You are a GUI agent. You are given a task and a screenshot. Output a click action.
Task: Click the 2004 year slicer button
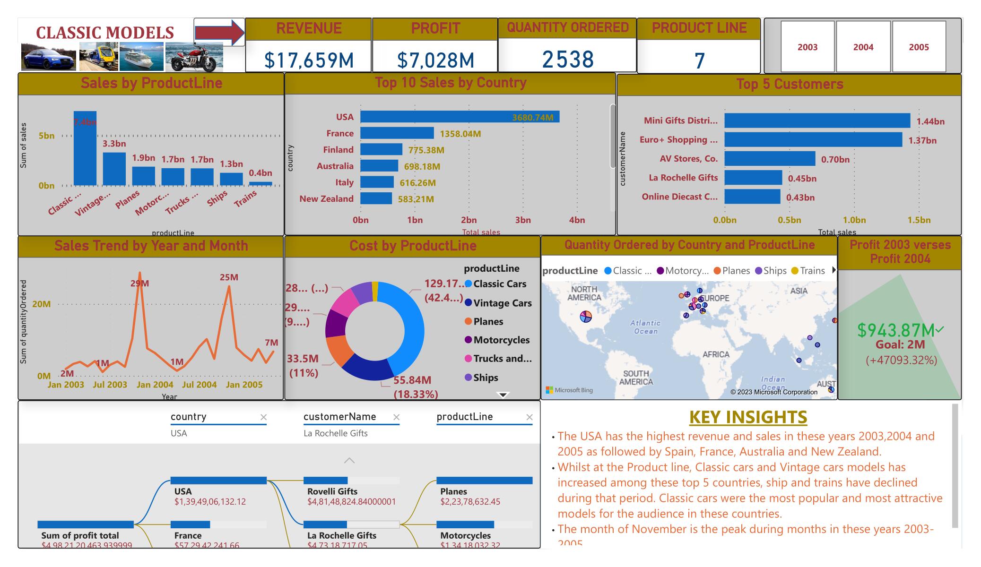click(x=863, y=47)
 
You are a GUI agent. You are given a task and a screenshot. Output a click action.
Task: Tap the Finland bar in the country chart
click(x=381, y=150)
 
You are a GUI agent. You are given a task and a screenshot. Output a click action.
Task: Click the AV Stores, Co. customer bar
click(x=770, y=159)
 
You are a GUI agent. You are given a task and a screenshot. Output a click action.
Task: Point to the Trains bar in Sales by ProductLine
click(x=260, y=184)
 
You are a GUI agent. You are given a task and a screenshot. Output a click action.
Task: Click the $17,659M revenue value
click(x=309, y=60)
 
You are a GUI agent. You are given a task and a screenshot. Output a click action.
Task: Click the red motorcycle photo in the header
click(x=194, y=57)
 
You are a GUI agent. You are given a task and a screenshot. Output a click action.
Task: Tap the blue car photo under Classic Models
click(x=49, y=57)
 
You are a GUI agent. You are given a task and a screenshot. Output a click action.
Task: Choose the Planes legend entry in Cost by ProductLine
click(x=488, y=322)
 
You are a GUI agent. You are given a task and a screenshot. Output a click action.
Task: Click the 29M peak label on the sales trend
click(x=140, y=283)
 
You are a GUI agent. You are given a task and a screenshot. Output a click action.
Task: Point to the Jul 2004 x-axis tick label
click(x=199, y=385)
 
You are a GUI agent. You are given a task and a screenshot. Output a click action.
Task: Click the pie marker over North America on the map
click(x=586, y=317)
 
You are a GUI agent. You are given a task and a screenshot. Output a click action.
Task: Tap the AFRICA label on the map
click(x=716, y=354)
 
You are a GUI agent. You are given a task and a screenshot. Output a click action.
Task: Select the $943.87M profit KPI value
click(x=895, y=330)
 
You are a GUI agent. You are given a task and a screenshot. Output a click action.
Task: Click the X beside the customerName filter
click(x=397, y=417)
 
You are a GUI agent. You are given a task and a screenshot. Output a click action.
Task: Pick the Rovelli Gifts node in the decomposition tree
click(x=332, y=491)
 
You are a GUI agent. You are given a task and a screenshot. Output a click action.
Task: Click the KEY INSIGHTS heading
click(x=748, y=417)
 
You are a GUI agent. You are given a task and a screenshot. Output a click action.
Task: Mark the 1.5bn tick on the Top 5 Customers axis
click(x=919, y=220)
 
